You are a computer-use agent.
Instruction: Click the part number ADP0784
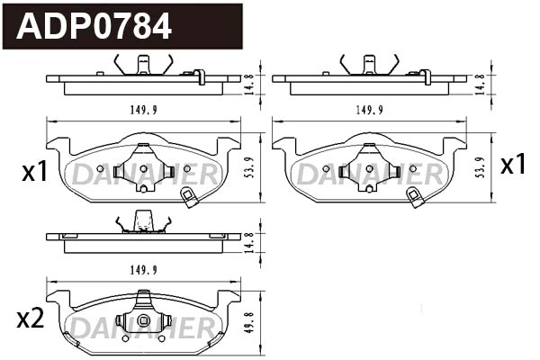[x=94, y=26]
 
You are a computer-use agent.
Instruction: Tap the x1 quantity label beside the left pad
[x=34, y=172]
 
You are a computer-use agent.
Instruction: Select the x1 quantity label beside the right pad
[x=513, y=165]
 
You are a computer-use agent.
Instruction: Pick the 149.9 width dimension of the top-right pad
[x=369, y=110]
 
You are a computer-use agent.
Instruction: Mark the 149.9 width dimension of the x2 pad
[x=143, y=268]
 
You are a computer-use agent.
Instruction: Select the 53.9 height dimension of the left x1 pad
[x=253, y=168]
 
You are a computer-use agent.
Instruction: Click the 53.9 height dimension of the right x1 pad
[x=480, y=168]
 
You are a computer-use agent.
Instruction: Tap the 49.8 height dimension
[x=253, y=319]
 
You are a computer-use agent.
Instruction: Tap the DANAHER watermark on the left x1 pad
[x=144, y=175]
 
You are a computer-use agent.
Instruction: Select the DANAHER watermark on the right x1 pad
[x=370, y=175]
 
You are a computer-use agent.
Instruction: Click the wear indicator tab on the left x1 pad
[x=189, y=198]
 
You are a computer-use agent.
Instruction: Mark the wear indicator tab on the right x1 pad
[x=416, y=198]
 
